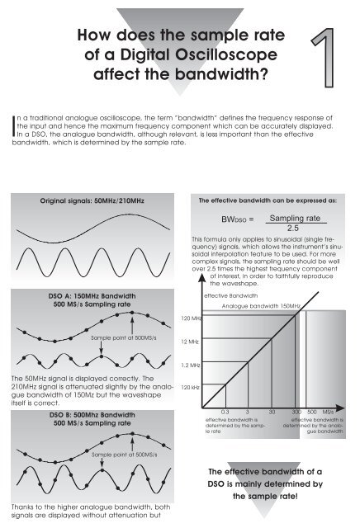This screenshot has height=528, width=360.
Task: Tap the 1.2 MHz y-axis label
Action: [191, 364]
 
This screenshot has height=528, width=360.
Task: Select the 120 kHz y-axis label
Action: [191, 386]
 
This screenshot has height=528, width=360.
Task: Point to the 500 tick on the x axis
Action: [312, 410]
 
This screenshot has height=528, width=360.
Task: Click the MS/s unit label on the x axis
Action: [329, 410]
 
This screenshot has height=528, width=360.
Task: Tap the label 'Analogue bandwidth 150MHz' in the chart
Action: [260, 306]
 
